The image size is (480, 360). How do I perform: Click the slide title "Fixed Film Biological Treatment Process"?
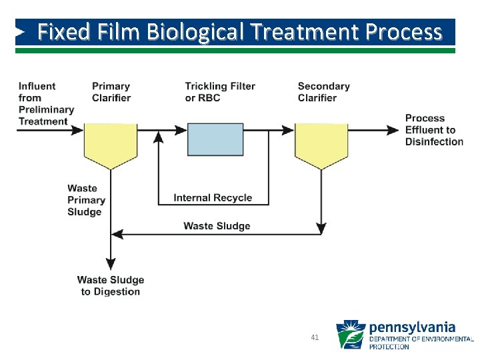[239, 31]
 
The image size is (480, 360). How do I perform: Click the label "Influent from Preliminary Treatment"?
[46, 103]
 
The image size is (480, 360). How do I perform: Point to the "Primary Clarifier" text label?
[111, 92]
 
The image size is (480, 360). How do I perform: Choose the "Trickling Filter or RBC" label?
[220, 92]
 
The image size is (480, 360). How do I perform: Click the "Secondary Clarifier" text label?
[323, 92]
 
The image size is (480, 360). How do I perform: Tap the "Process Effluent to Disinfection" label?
[434, 130]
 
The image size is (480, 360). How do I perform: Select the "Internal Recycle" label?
[213, 197]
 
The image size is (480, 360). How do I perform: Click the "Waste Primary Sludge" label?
[86, 200]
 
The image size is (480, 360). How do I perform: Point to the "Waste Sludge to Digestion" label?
[111, 286]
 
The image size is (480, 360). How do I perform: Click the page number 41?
[315, 337]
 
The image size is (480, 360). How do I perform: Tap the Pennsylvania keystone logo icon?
[350, 335]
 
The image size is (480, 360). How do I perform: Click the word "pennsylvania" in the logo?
[412, 327]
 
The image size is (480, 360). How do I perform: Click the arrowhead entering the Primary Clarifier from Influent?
[78, 130]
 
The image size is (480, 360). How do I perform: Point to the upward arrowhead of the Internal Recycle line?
[159, 137]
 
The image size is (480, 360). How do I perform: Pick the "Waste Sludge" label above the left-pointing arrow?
[217, 226]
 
